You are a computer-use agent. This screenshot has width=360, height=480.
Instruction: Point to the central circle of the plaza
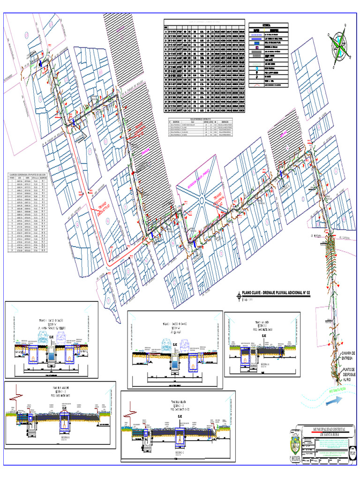[x=201, y=200]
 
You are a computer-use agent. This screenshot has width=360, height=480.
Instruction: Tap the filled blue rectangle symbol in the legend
[x=256, y=45]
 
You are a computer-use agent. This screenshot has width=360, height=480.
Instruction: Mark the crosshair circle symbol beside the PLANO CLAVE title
[x=238, y=296]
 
